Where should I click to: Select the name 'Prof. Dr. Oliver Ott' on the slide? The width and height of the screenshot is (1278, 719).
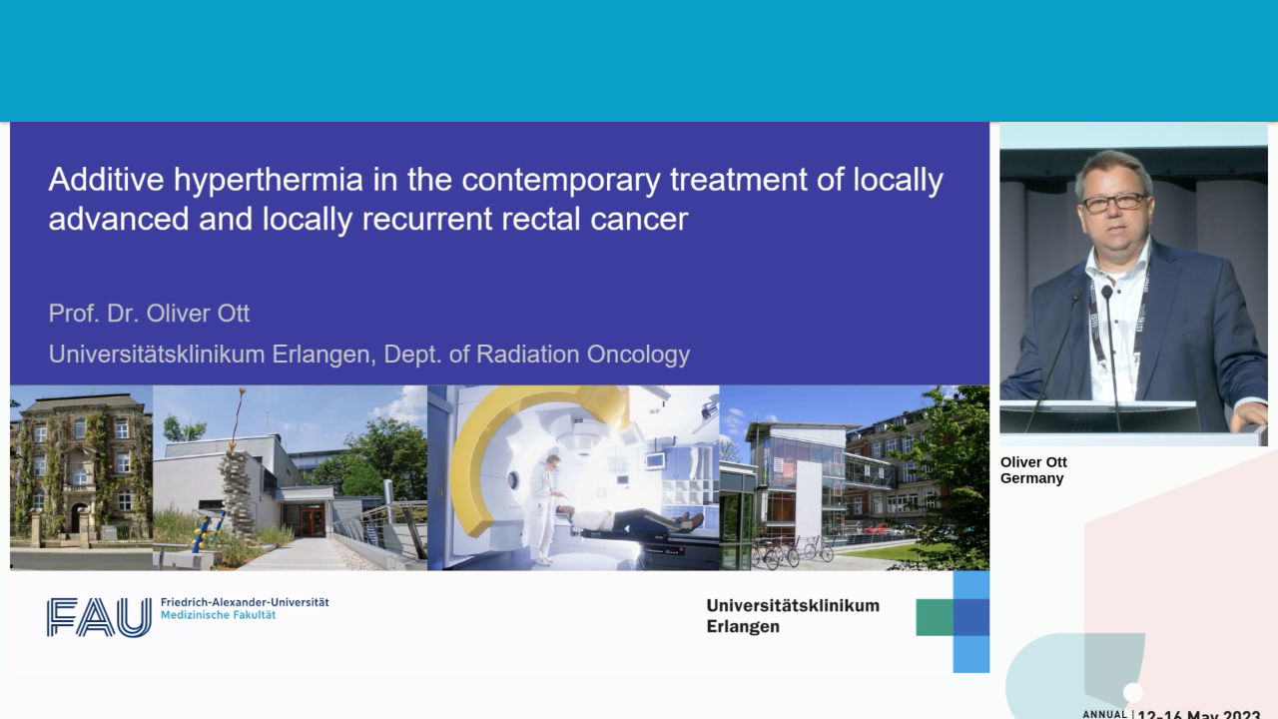pos(149,314)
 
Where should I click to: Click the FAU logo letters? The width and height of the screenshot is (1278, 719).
pos(99,616)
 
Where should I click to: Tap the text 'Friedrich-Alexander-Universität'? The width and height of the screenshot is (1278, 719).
pos(245,603)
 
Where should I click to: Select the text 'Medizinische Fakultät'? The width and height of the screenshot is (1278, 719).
pos(218,616)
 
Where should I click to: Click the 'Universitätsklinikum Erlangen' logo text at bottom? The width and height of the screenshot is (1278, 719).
pos(792,616)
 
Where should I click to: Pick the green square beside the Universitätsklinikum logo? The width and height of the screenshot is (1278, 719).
pos(934,616)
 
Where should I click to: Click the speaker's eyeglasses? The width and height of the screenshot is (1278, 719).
pos(1112,202)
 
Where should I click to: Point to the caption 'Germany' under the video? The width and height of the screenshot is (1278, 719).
pos(1031,479)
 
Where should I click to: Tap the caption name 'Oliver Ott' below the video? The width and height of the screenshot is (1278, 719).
pos(1033,462)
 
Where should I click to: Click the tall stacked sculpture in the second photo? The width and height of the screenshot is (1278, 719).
pos(236,489)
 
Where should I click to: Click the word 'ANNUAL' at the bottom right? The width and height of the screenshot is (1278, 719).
pos(1104,714)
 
